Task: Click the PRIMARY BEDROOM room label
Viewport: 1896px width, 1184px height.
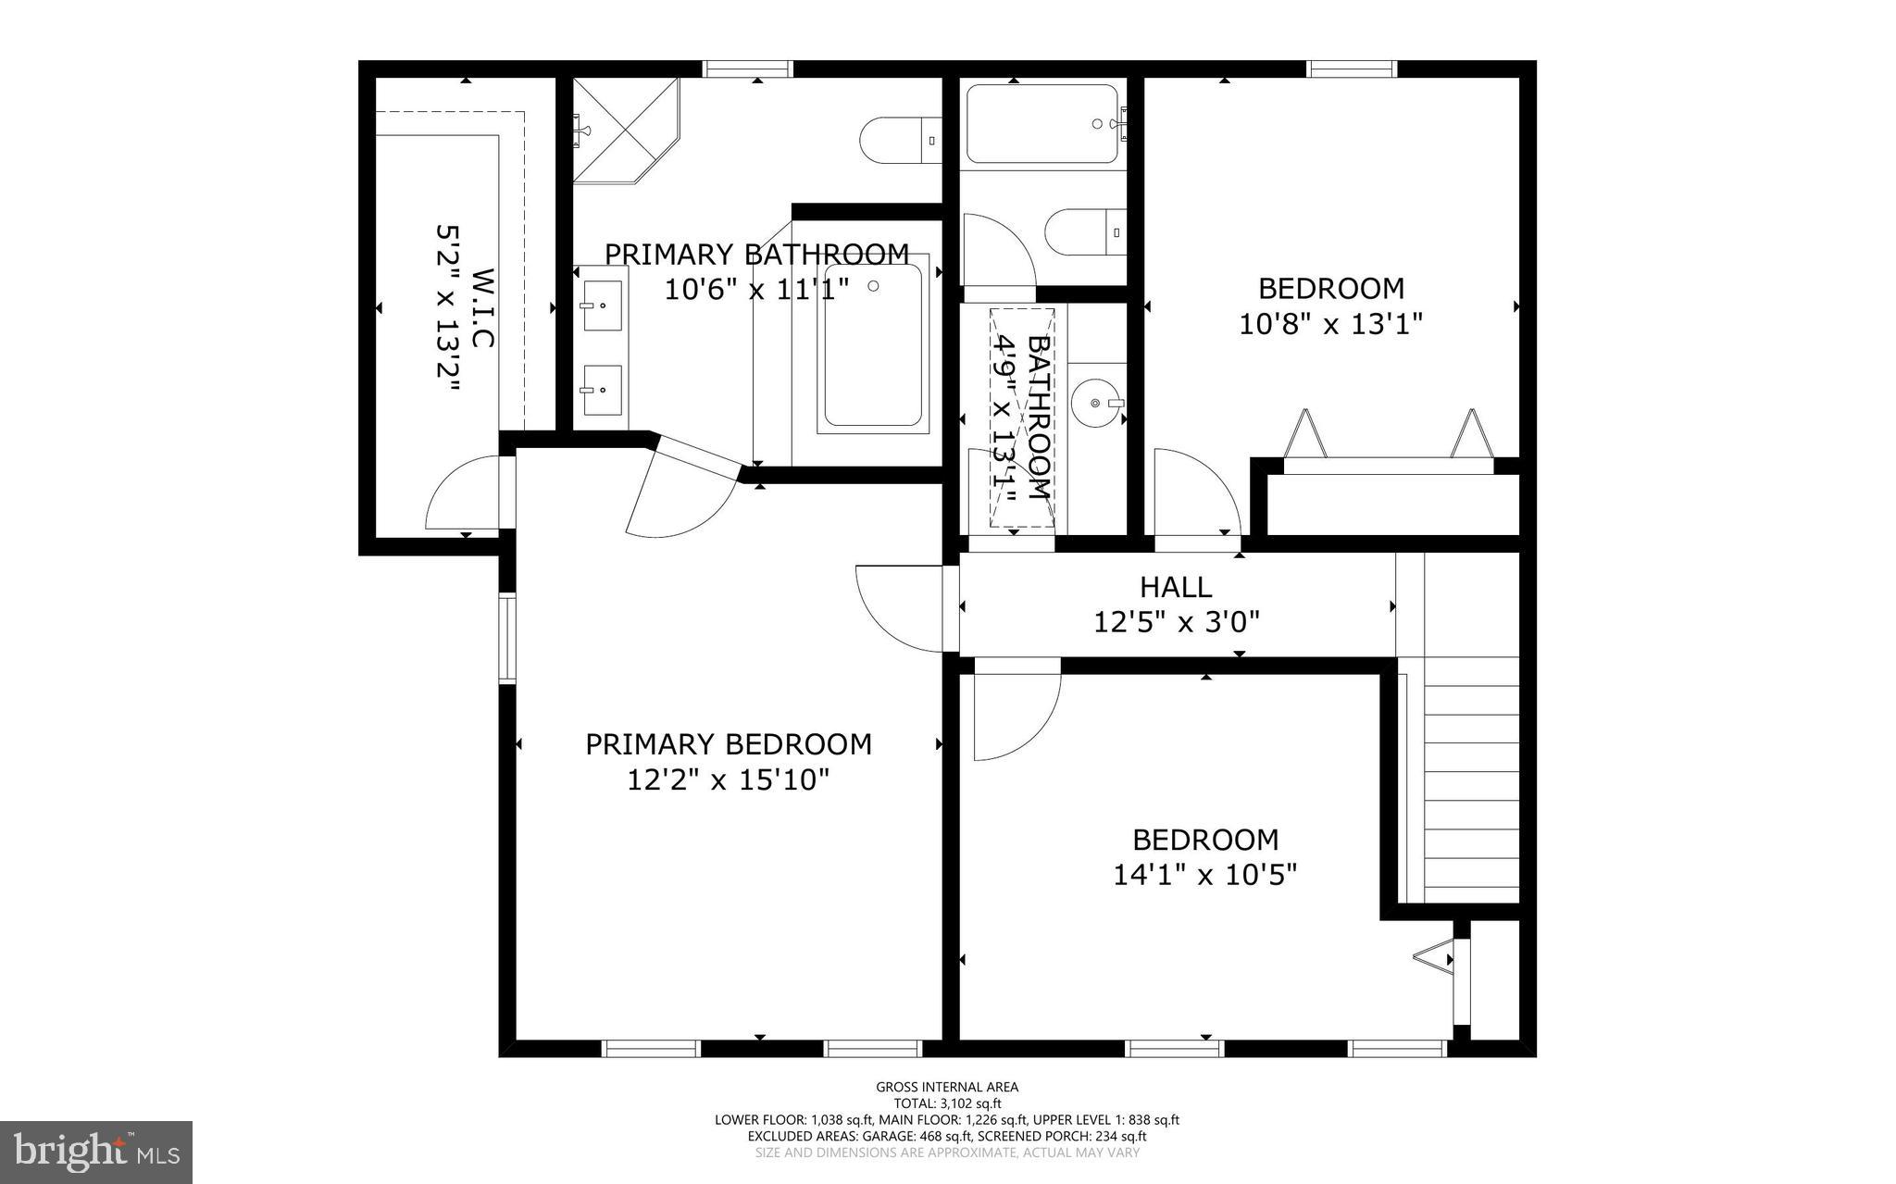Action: [x=729, y=744]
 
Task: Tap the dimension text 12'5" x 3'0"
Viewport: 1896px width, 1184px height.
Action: [x=1177, y=622]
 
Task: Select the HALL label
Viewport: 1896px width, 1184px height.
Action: [x=1176, y=587]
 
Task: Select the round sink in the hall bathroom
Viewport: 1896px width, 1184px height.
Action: [x=1097, y=404]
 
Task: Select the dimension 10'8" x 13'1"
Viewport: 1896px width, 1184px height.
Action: [x=1330, y=324]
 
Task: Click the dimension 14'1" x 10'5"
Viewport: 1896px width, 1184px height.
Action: [x=1204, y=875]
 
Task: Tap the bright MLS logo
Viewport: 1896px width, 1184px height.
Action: [x=96, y=1152]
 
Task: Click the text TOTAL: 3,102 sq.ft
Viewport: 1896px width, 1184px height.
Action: [x=947, y=1103]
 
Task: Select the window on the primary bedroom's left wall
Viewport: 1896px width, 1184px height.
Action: [x=507, y=639]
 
